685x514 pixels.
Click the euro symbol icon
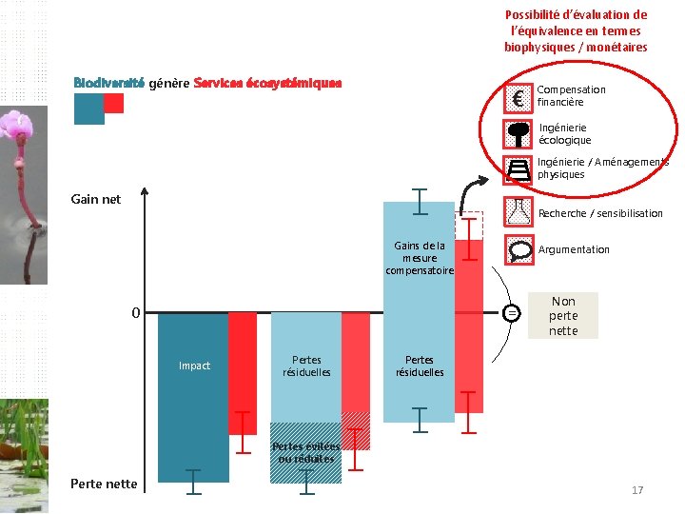519,97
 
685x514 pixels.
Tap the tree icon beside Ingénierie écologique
519,133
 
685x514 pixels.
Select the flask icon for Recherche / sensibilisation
519,210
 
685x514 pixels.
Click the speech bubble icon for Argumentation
519,250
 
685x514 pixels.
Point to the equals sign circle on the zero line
512,312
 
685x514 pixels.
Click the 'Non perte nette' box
563,316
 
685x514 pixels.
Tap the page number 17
637,490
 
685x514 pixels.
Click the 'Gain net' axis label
96,200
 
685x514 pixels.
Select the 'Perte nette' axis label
104,484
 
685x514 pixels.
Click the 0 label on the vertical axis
136,312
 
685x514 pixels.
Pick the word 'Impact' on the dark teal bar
194,366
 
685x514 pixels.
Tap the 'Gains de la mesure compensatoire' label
420,258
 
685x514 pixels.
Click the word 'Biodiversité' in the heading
108,83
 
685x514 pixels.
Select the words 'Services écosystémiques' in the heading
267,83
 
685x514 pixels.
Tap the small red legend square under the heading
114,104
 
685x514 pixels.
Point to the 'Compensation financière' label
571,96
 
